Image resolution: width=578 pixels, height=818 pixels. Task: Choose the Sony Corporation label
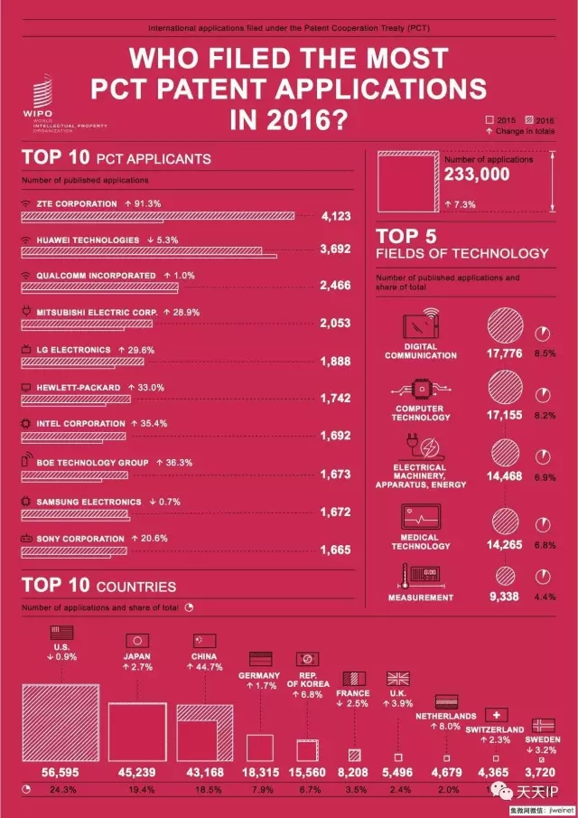[x=79, y=539]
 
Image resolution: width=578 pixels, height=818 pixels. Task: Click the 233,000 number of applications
[x=477, y=175]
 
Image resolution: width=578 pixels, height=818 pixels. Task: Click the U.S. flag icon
[x=62, y=633]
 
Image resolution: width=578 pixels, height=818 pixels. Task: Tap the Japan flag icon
[x=136, y=640]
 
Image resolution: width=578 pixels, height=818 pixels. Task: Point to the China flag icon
[x=205, y=640]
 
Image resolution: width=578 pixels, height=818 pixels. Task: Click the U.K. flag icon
[x=398, y=678]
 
